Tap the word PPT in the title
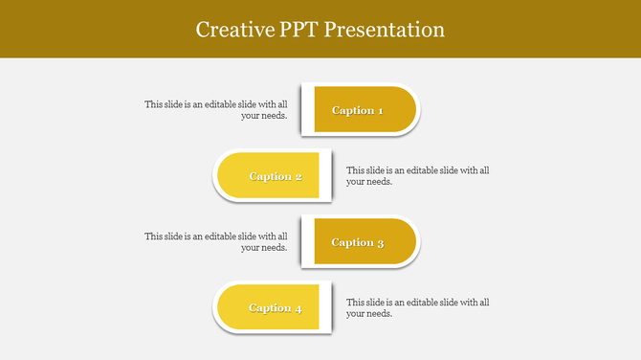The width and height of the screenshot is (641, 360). [296, 30]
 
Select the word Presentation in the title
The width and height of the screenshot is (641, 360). [385, 30]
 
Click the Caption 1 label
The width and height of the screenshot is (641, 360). [358, 110]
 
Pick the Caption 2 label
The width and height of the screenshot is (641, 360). [276, 176]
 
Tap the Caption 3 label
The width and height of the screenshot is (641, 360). [358, 242]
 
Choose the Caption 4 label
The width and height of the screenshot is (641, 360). [276, 308]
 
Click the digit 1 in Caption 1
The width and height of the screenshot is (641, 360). [380, 110]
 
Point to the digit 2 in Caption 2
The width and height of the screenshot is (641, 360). [298, 176]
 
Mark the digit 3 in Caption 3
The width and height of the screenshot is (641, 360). [380, 242]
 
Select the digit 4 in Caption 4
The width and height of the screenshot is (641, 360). [298, 308]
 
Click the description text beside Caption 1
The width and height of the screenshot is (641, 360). [216, 110]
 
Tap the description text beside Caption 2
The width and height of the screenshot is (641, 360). [418, 176]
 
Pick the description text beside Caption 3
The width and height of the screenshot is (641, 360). [216, 241]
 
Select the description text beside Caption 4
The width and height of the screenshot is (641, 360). [418, 307]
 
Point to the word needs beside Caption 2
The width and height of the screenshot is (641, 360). [379, 182]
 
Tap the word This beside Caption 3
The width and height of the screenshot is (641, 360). [154, 236]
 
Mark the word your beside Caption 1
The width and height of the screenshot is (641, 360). [251, 116]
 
